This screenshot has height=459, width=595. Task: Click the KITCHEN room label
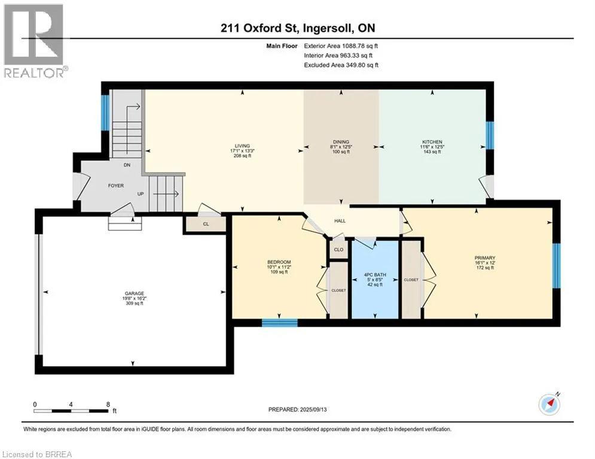tap(432, 142)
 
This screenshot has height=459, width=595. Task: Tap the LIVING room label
tap(242, 146)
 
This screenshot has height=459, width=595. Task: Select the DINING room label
tap(341, 142)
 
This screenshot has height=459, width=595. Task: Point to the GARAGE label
tap(135, 293)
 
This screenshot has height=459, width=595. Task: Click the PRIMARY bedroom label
tap(485, 258)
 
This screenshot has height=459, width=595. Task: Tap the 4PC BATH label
tap(375, 275)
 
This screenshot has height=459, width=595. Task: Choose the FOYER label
tap(116, 185)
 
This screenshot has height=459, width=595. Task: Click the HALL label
tap(340, 221)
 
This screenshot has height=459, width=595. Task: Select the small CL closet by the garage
tap(206, 224)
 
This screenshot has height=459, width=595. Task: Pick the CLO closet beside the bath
tap(338, 250)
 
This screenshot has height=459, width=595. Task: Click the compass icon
tap(550, 405)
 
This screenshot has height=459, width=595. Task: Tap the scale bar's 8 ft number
tap(108, 405)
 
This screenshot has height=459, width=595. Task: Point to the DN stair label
tap(127, 165)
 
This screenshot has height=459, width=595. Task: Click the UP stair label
tap(141, 194)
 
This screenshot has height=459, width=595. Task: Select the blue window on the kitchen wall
tap(490, 136)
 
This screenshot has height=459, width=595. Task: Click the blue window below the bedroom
tap(280, 323)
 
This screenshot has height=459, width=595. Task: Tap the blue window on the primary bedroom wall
tap(556, 265)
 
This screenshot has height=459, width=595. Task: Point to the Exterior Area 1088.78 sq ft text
tap(341, 46)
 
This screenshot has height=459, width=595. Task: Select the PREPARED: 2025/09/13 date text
tap(298, 409)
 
